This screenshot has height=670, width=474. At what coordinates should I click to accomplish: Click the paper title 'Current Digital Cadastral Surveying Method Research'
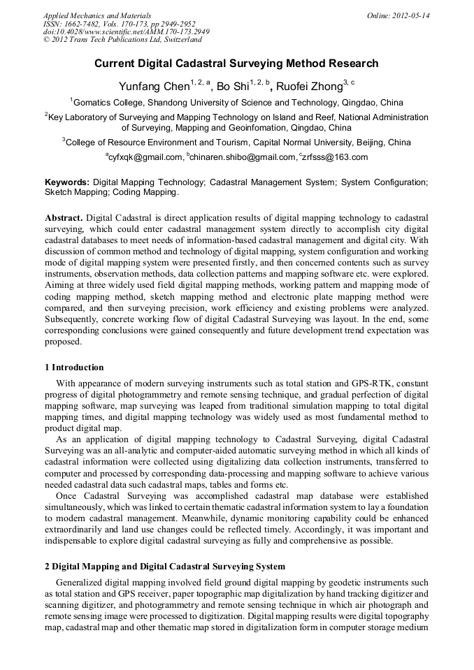[236, 64]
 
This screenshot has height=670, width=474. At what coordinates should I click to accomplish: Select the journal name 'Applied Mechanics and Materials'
[97, 15]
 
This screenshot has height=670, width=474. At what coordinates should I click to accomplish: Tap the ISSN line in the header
[119, 24]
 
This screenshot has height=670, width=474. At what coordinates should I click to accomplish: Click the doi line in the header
[126, 32]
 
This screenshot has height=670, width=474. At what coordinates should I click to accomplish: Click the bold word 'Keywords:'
[66, 182]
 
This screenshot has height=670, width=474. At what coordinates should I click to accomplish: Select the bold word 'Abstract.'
[65, 218]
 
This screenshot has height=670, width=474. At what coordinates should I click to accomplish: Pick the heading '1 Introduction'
[74, 367]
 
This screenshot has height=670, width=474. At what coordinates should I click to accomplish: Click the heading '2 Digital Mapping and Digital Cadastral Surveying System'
[165, 566]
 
